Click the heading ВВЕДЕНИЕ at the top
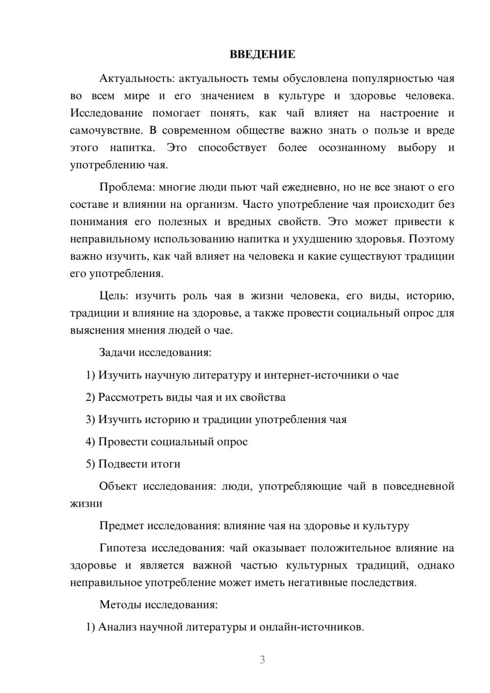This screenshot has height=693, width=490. point(262,54)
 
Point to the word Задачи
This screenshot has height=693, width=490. point(117,352)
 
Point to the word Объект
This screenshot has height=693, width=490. point(118,486)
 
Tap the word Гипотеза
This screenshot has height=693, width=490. point(123,548)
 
